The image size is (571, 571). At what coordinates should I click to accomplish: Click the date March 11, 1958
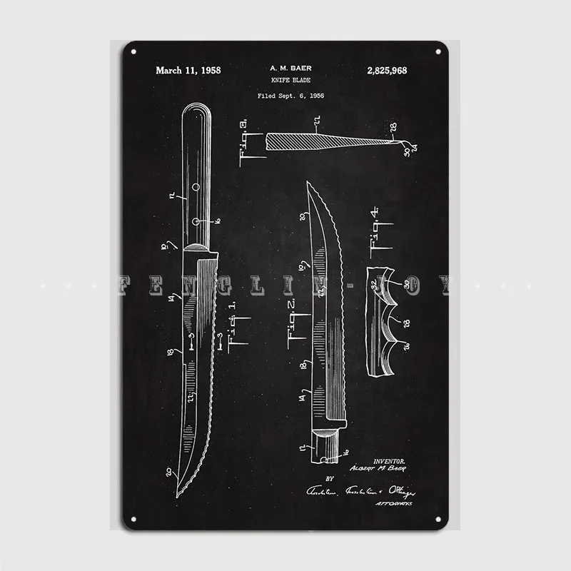pyautogui.click(x=188, y=70)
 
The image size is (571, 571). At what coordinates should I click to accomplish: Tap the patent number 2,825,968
pyautogui.click(x=385, y=70)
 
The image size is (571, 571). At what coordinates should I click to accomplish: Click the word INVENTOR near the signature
pyautogui.click(x=390, y=463)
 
